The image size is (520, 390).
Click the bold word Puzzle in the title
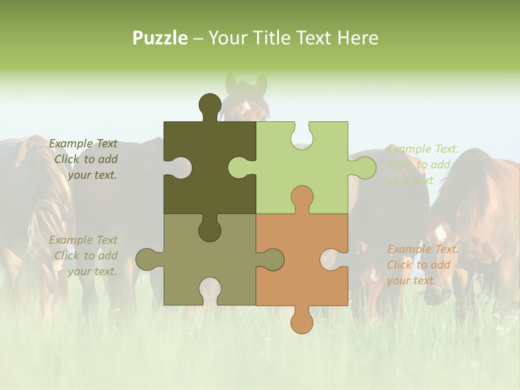click(x=160, y=38)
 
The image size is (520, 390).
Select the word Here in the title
click(x=357, y=38)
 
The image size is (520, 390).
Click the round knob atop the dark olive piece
click(x=210, y=106)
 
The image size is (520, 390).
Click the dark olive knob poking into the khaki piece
click(x=210, y=230)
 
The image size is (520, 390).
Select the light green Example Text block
click(x=422, y=165)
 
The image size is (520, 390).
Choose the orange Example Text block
click(x=422, y=265)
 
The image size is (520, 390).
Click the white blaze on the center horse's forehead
click(x=246, y=105)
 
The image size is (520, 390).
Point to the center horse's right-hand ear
click(x=262, y=84)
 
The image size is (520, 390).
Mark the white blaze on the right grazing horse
click(x=440, y=233)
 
